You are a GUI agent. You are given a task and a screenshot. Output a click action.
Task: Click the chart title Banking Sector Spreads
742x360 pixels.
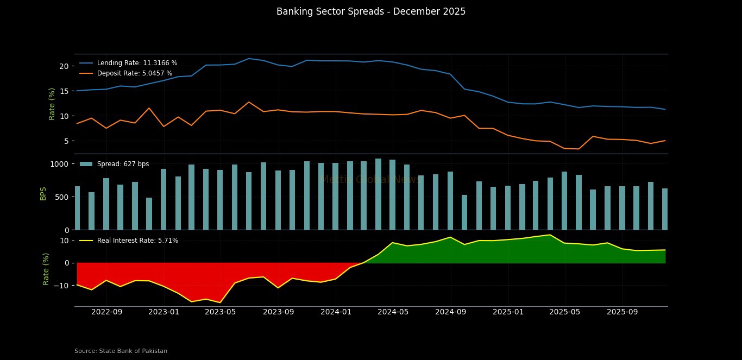pos(370,11)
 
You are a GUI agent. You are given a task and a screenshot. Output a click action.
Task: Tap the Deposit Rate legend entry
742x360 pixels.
pos(134,73)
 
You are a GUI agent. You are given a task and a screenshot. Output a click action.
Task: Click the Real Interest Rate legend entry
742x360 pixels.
pos(137,241)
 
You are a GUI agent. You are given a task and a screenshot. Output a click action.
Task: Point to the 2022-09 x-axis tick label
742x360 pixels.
pos(106,312)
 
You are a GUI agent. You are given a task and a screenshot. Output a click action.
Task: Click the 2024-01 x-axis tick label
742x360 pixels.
pos(336,312)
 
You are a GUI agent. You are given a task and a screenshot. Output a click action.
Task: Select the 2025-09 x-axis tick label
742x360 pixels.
pos(622,312)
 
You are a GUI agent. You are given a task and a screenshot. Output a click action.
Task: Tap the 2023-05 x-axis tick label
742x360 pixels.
pos(221,312)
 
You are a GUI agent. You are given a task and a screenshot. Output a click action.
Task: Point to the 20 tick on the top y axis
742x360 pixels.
pos(64,66)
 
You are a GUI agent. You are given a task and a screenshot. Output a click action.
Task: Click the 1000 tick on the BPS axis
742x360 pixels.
pos(59,164)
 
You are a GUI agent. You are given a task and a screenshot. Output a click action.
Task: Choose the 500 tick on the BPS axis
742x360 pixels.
pos(61,197)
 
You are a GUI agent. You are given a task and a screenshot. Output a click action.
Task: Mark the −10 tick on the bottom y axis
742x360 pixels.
pos(61,285)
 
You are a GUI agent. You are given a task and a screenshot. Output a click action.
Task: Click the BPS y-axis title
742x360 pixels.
pos(43,193)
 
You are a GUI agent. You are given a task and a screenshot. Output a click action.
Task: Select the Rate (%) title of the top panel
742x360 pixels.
pos(52,103)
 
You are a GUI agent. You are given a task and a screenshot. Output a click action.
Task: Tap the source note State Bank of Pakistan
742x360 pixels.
pos(121,351)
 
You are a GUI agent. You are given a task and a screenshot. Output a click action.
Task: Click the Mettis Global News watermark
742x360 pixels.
pos(370,180)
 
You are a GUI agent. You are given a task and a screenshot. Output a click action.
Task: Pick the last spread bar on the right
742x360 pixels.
pos(665,209)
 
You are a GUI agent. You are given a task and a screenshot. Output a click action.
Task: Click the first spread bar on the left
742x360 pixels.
pos(77,208)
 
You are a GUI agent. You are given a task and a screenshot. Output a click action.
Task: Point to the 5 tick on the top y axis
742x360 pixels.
pos(66,141)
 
